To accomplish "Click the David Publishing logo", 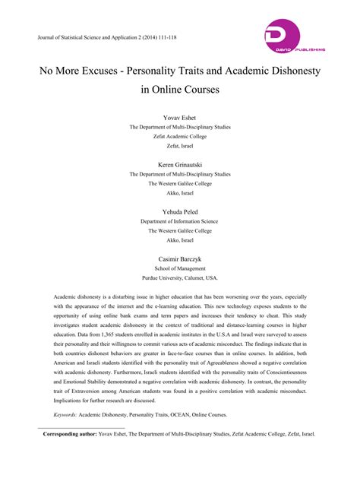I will point(294,38).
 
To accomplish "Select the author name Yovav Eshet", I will point(180,118).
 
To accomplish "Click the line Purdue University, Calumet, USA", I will point(180,278).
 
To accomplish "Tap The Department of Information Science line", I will point(180,221).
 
